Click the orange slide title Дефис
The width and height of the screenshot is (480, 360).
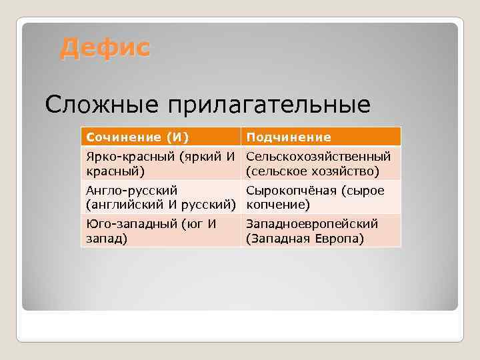point(105,48)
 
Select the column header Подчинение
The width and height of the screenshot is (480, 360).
point(289,137)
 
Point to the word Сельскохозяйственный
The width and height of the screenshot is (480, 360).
point(319,157)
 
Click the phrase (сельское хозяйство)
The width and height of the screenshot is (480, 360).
point(313,171)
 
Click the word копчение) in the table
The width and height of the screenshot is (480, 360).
point(278,205)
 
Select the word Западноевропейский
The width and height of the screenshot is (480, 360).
point(312,224)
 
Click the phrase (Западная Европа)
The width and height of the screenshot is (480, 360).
point(305,239)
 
